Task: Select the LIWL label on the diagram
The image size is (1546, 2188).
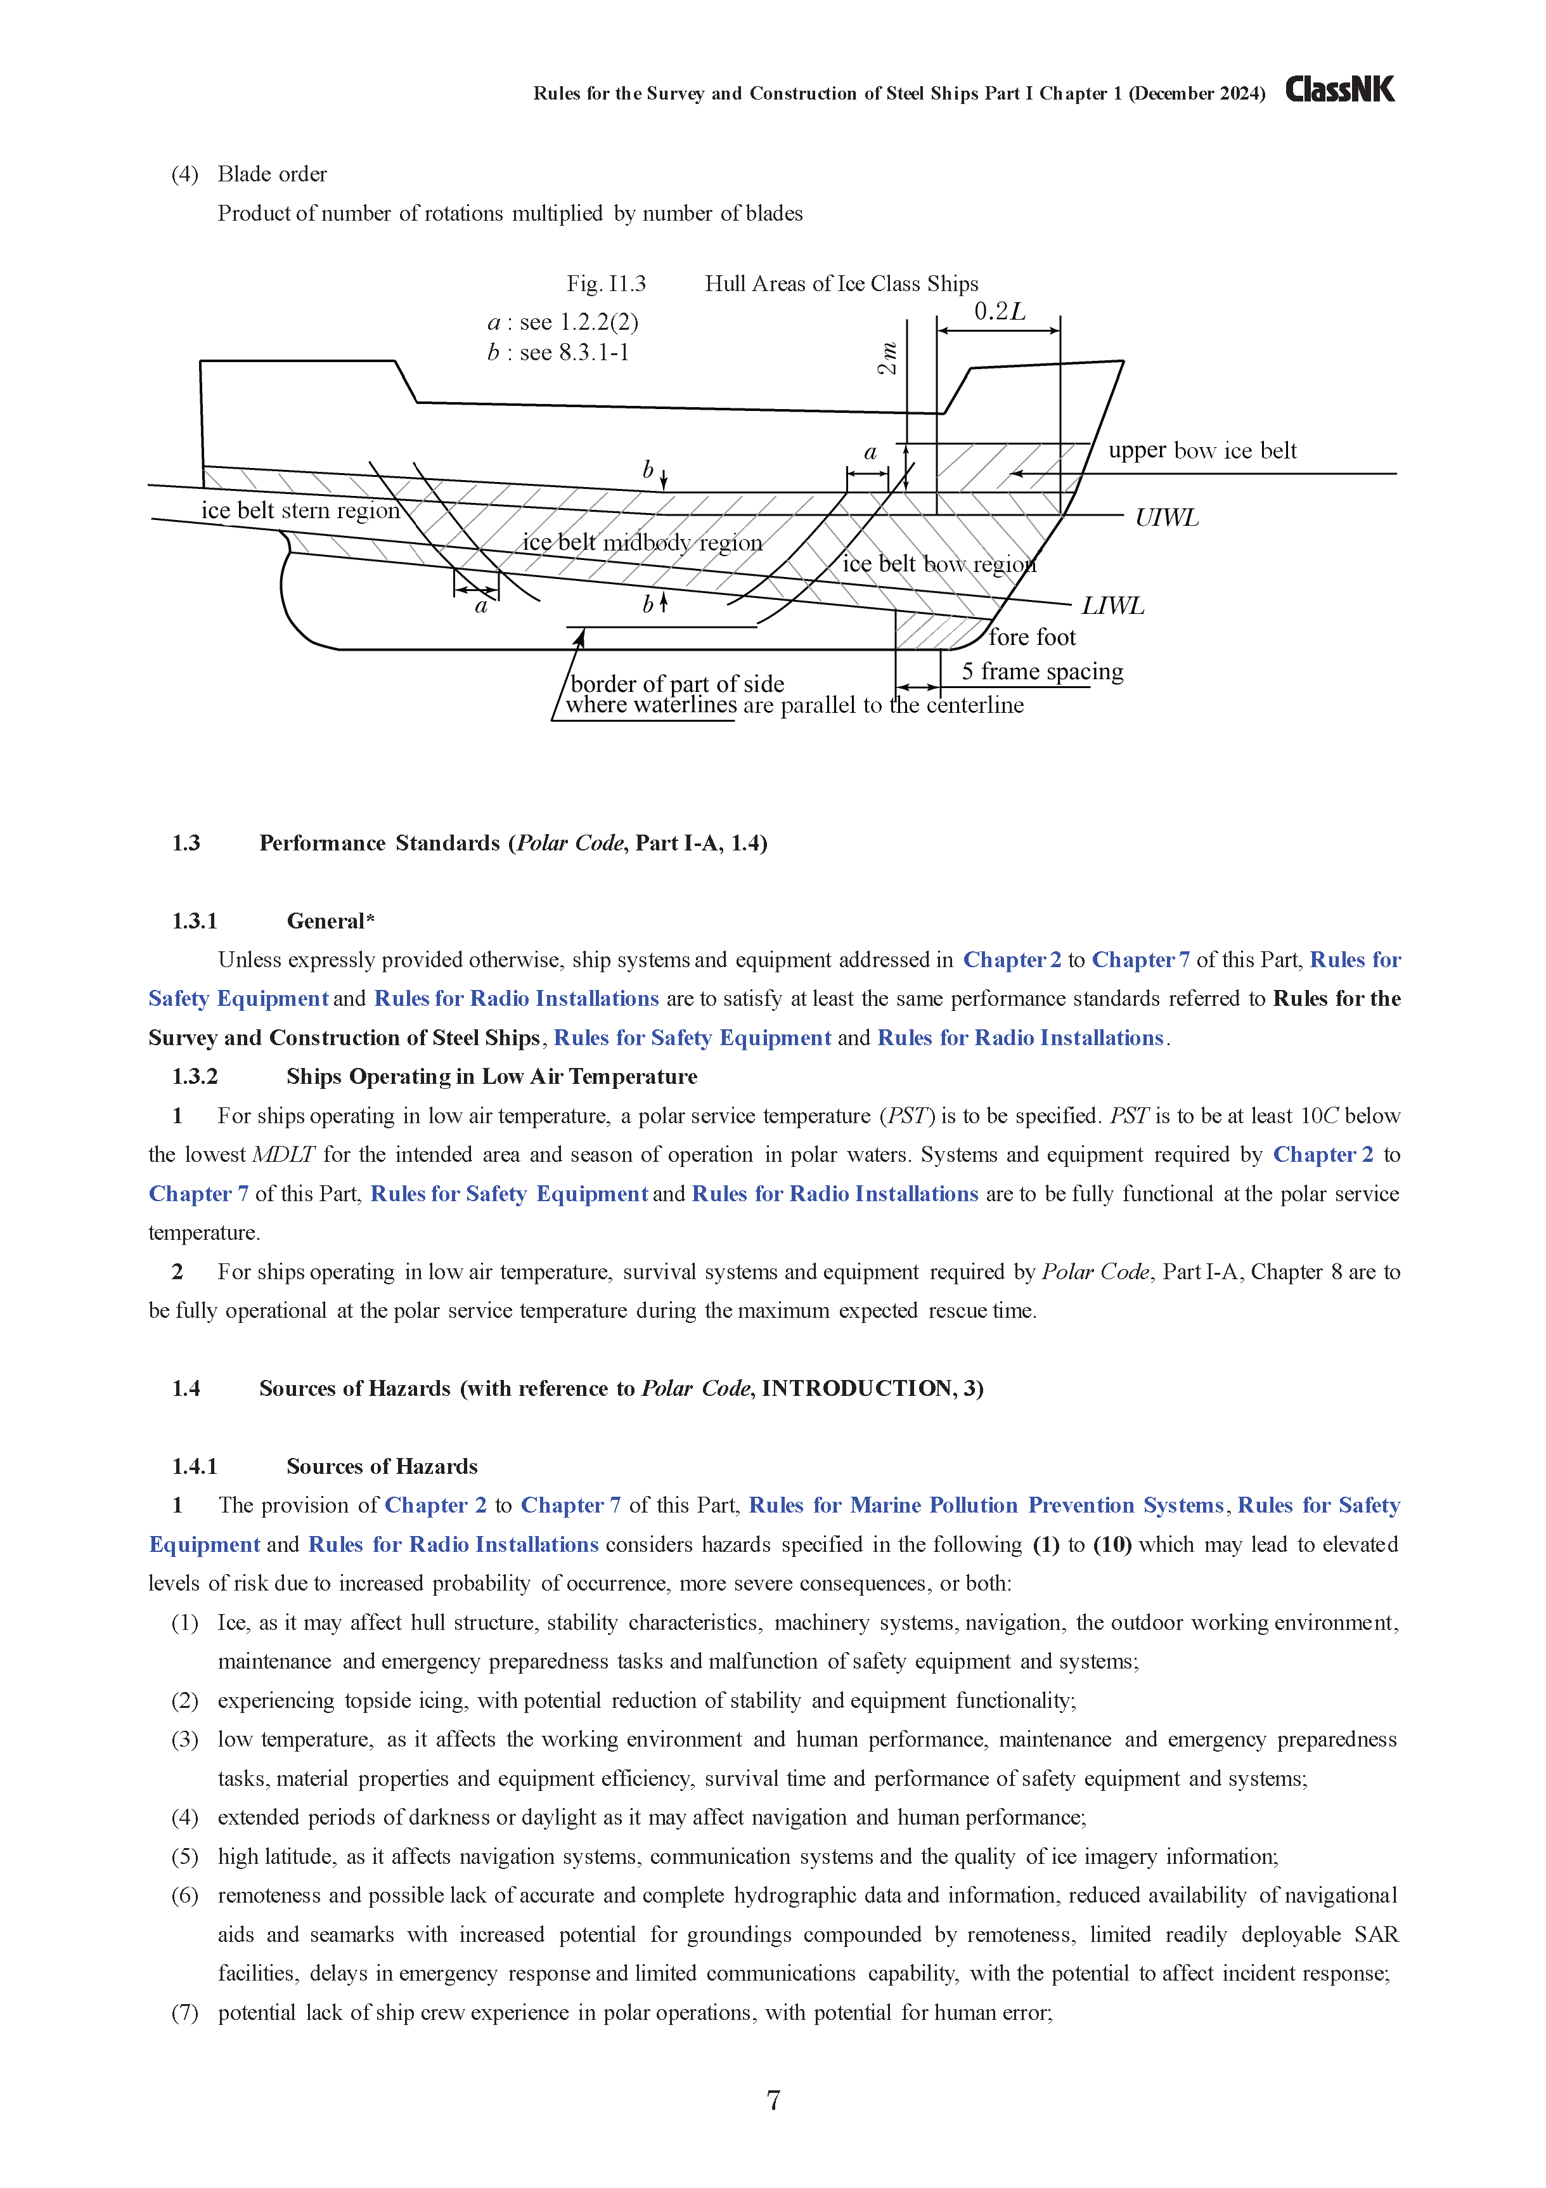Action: [1112, 606]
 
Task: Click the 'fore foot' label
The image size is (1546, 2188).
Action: [1032, 637]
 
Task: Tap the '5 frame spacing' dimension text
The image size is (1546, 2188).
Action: [1042, 671]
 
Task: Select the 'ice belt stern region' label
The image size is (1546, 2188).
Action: [300, 510]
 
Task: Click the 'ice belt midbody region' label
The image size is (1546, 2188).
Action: [642, 542]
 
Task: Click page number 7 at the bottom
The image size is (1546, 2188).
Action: [773, 2099]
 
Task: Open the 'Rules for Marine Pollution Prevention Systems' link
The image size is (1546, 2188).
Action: [986, 1505]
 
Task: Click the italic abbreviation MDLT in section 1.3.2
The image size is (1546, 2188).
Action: [283, 1154]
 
